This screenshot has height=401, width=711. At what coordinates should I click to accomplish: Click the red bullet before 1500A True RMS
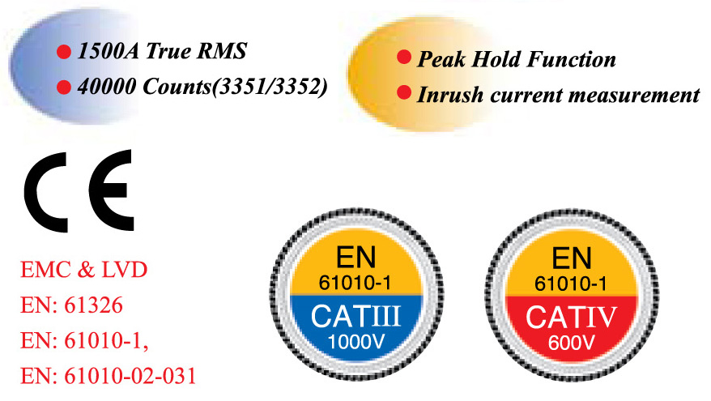[62, 53]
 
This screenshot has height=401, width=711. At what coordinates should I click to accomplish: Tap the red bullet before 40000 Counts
[62, 86]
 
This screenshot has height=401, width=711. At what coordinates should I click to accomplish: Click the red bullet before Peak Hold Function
[402, 58]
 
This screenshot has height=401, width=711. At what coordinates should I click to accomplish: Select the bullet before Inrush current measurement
[402, 93]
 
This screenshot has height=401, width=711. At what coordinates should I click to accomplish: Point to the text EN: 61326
[71, 306]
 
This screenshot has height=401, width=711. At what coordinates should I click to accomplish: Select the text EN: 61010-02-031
[106, 378]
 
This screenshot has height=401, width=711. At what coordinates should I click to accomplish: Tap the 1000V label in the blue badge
[357, 340]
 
